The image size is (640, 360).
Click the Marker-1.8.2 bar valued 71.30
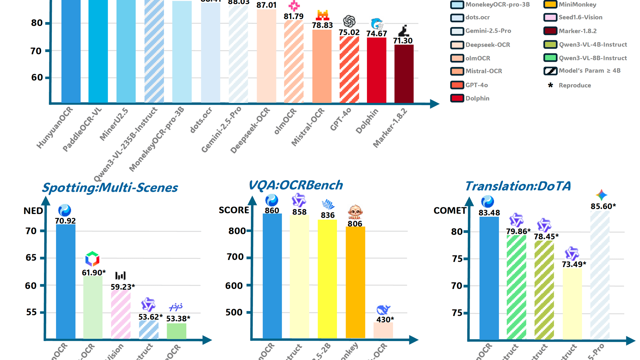(404, 74)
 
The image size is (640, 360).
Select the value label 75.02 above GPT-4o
(349, 32)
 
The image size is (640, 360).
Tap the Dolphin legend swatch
(457, 98)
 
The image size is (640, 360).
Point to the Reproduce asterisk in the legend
(550, 85)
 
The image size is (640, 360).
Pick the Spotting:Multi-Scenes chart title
(110, 188)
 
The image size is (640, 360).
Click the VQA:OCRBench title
(296, 185)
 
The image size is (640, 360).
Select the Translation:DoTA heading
(518, 186)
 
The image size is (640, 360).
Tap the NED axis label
(33, 211)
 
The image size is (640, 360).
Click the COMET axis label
(450, 211)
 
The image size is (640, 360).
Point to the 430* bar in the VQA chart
(383, 330)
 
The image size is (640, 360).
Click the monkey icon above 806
(355, 212)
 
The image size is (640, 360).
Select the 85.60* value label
(603, 206)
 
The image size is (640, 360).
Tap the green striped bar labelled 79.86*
(516, 287)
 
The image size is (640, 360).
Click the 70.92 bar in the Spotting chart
(66, 281)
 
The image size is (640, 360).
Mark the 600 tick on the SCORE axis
(234, 286)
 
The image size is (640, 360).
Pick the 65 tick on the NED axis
(31, 258)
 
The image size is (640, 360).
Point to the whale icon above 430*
(383, 310)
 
